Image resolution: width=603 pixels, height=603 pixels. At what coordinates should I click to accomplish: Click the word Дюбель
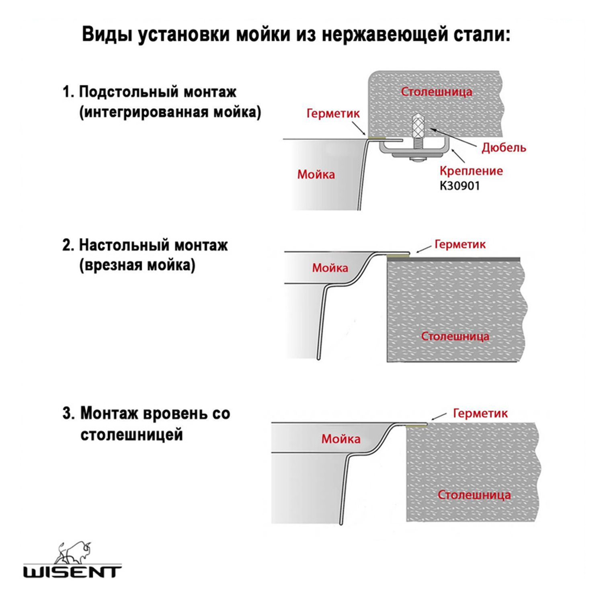(504, 148)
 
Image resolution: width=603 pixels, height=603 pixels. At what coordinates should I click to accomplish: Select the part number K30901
(459, 186)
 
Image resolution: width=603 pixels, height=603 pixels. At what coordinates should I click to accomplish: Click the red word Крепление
(471, 171)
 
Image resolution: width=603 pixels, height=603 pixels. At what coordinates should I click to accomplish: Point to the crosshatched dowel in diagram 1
(417, 126)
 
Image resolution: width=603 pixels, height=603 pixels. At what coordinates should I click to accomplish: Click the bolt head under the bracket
(417, 160)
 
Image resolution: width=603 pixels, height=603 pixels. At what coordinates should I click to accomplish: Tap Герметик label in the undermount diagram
(333, 113)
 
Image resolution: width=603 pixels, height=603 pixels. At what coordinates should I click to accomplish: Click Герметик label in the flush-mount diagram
(480, 413)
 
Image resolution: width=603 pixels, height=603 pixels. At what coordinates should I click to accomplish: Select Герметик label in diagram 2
(460, 244)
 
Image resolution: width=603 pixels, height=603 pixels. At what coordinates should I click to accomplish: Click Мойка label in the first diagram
(316, 174)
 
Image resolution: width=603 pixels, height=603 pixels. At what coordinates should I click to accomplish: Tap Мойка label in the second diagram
(330, 268)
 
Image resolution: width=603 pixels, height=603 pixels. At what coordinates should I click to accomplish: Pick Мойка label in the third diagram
(340, 439)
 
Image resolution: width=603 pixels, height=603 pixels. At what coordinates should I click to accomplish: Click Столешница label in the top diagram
(436, 92)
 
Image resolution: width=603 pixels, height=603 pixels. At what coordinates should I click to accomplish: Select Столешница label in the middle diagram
(455, 336)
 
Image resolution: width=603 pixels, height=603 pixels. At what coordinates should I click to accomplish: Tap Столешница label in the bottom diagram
(474, 495)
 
